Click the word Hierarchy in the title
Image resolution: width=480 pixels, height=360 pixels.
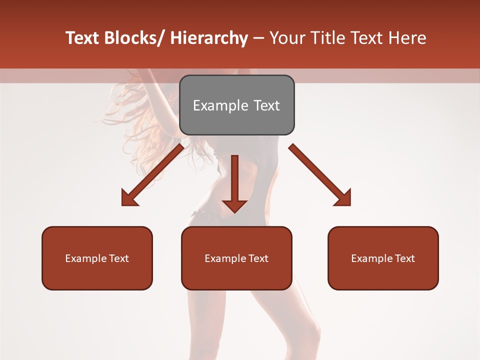point(209,38)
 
